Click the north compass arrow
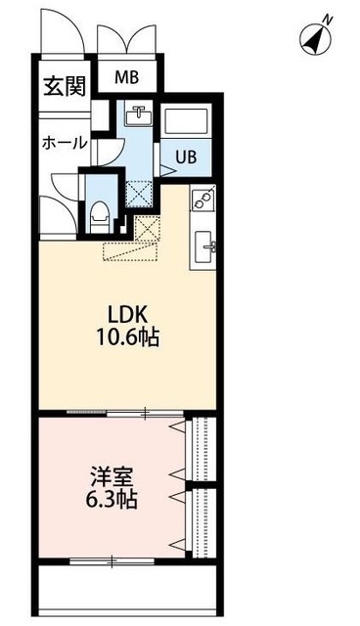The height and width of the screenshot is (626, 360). [x=315, y=39]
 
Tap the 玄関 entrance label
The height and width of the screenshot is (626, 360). [x=61, y=87]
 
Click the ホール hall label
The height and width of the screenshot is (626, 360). [x=64, y=143]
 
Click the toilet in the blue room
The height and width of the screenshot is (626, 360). [x=100, y=212]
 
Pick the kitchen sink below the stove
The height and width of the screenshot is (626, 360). [x=207, y=244]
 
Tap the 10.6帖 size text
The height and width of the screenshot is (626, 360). [x=128, y=338]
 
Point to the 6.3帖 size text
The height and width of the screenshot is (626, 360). [x=110, y=502]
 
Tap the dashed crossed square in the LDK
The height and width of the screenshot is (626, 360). [x=148, y=231]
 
